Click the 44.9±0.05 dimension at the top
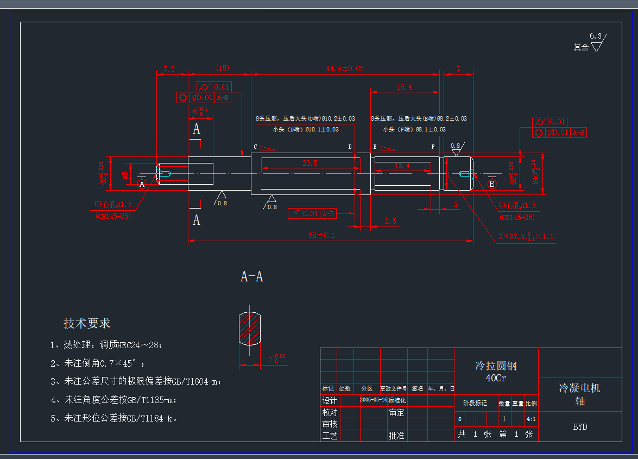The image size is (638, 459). [x=345, y=68]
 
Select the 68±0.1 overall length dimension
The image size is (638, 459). [x=321, y=235]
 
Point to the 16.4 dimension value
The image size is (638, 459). [x=404, y=87]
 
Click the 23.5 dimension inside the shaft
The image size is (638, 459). [x=309, y=163]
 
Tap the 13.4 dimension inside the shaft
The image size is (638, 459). [x=402, y=166]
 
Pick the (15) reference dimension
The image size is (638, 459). [x=223, y=68]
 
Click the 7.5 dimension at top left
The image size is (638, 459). [x=169, y=69]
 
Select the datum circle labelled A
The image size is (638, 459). [x=143, y=184]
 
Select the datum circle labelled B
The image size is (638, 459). [x=492, y=184]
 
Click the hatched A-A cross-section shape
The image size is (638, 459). [x=250, y=328]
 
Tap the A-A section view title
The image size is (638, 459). [x=252, y=276]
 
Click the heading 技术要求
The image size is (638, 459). [x=87, y=323]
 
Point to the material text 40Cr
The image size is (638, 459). [x=496, y=378]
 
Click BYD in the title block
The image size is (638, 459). [x=580, y=426]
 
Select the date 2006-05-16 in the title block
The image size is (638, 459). [x=373, y=399]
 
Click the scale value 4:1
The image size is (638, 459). [x=531, y=419]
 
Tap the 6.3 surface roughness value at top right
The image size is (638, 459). [x=596, y=36]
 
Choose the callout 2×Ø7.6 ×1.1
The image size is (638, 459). [x=526, y=237]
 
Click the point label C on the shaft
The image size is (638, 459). [x=255, y=147]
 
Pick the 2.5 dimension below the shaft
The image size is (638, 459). [x=390, y=221]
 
